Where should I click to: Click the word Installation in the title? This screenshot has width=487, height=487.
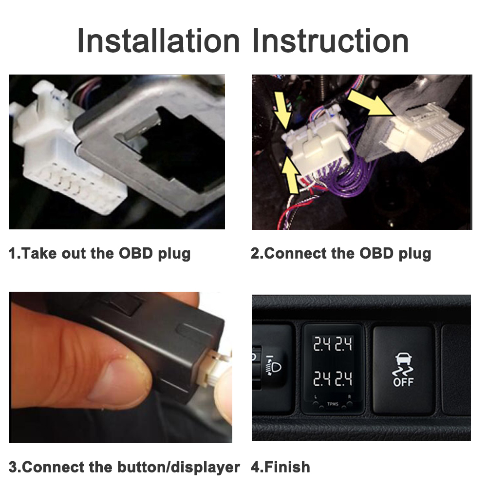158,41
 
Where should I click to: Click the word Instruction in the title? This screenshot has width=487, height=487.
331,41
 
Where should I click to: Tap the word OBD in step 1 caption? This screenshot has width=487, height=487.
136,253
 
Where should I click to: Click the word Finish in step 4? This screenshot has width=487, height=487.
287,467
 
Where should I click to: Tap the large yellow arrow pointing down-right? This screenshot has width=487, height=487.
371,102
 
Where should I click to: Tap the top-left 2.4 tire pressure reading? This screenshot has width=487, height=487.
321,344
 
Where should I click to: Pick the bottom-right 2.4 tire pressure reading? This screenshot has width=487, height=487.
343,379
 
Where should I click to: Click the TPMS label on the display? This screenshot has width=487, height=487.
333,404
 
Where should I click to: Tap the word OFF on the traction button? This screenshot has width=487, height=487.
403,382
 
